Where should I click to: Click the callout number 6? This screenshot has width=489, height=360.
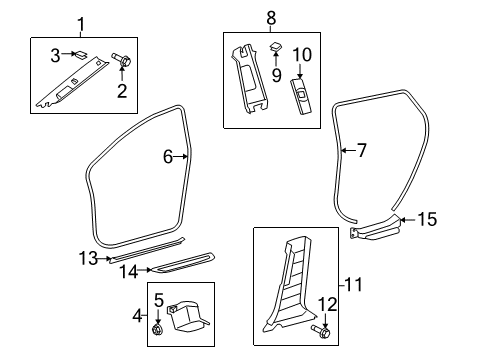click(169, 156)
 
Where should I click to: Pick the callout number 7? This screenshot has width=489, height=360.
click(361, 151)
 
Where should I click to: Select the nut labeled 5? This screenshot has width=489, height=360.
click(159, 328)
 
